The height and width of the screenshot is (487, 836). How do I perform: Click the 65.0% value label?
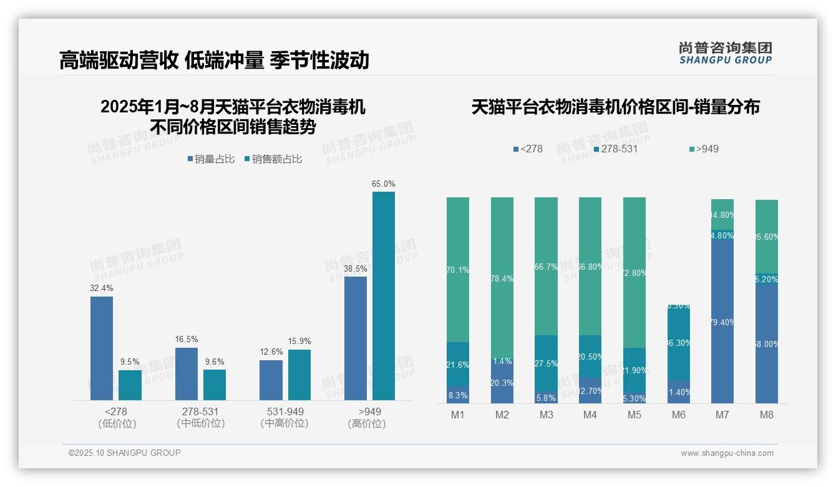coord(383,184)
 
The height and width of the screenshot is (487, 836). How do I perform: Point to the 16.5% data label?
coord(186,339)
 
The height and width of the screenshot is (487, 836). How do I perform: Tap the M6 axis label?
coord(679,415)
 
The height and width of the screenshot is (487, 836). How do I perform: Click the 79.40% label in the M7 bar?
coord(722,322)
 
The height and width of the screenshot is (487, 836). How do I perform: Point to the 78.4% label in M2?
coord(502,278)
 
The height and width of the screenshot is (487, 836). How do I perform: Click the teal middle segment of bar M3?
coord(546,363)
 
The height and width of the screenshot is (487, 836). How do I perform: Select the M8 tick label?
coord(767,415)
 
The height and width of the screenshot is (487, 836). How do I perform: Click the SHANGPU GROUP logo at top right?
coord(725,52)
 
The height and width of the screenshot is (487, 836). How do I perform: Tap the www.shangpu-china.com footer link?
coord(727,453)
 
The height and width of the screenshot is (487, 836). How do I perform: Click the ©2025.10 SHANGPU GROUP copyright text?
coord(125,453)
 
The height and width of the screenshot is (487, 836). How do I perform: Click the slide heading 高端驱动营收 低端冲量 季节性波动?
coord(214,60)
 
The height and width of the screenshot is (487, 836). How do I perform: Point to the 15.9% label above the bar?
coord(299,341)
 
